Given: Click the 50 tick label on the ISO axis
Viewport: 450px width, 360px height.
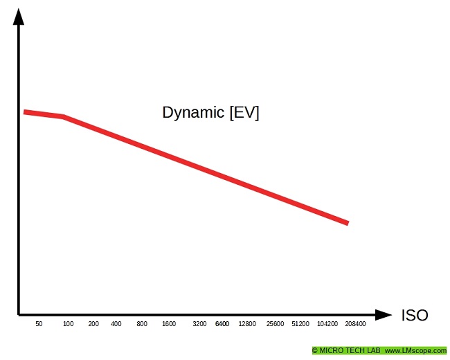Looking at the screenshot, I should [39, 324].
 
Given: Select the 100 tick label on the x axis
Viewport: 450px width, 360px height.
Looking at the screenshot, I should [68, 324].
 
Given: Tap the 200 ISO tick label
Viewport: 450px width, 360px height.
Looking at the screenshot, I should [93, 324].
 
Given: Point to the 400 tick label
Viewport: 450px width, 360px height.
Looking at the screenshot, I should [116, 324].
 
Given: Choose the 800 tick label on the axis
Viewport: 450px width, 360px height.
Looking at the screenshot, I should [142, 324].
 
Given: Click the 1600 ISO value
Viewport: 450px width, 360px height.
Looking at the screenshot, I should [169, 324].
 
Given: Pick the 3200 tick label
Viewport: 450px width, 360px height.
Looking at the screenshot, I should [199, 324].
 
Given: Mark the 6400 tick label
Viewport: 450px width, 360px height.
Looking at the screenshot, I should [222, 324].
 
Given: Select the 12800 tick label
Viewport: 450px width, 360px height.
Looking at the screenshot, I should [247, 324].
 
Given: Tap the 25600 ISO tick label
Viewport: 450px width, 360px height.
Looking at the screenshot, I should [275, 324].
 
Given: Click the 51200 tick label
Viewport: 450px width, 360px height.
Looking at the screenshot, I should [300, 324].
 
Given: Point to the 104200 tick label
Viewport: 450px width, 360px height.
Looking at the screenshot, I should [327, 324].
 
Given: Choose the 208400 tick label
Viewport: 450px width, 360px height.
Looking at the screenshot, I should [355, 324].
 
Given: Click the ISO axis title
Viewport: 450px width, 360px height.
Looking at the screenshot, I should [415, 316].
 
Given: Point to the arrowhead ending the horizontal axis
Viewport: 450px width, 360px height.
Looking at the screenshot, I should [384, 315].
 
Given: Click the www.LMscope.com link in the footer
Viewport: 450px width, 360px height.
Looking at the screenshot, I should [415, 351].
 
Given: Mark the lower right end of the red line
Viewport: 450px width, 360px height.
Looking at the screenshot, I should [347, 223].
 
